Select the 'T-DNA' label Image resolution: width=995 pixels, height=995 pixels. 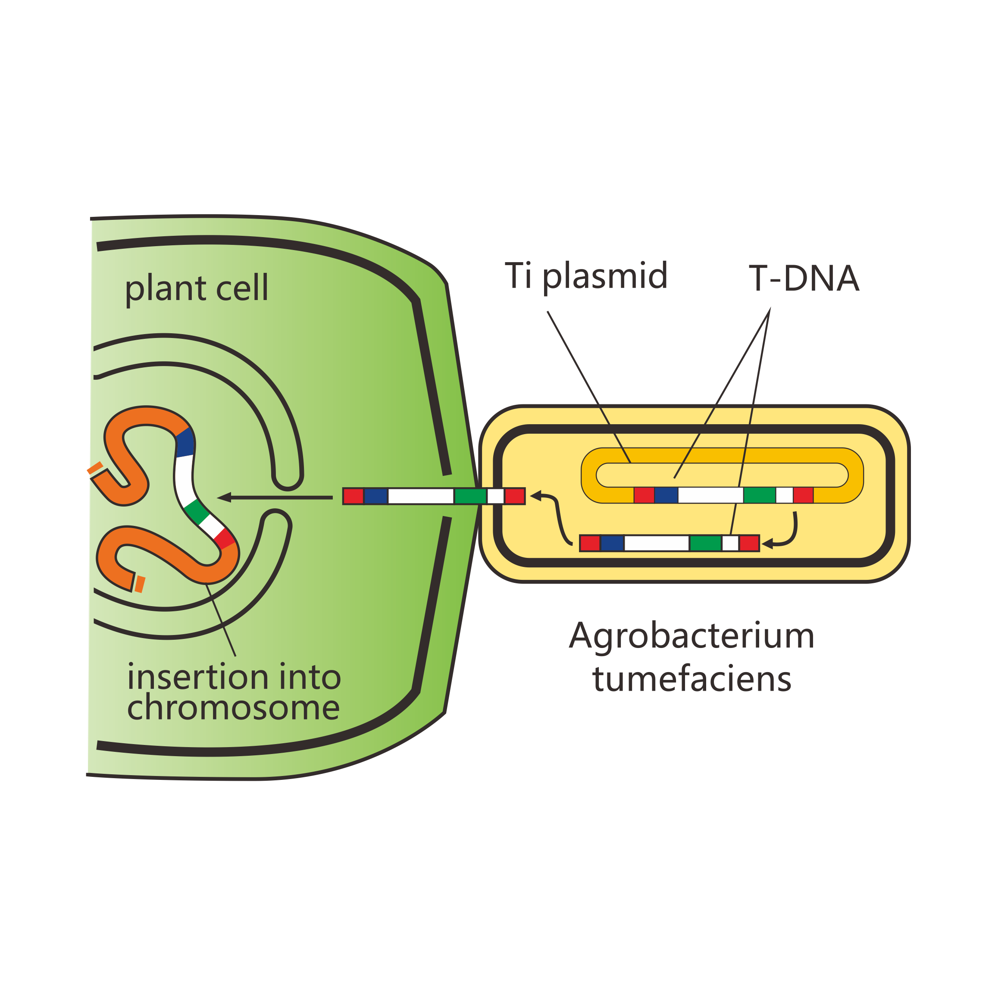click(804, 278)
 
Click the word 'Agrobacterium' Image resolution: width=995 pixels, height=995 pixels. click(691, 636)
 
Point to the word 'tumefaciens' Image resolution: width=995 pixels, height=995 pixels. click(691, 679)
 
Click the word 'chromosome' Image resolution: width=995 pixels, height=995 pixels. click(233, 707)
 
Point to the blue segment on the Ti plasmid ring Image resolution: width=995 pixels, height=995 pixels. click(666, 495)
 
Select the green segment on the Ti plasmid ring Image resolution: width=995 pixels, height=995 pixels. click(760, 495)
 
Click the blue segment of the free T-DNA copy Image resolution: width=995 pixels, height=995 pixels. click(612, 543)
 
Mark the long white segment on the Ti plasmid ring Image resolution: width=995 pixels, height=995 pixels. click(711, 495)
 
